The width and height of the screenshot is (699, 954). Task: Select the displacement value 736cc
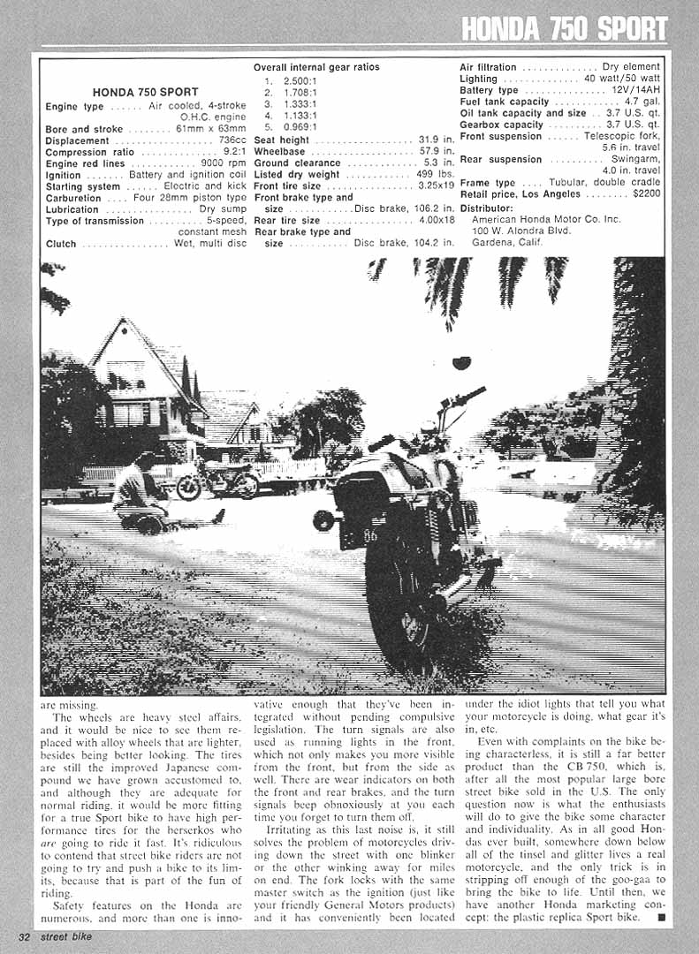click(227, 141)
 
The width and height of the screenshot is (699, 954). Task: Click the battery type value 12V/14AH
click(635, 90)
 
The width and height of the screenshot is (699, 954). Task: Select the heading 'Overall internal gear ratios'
click(316, 67)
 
